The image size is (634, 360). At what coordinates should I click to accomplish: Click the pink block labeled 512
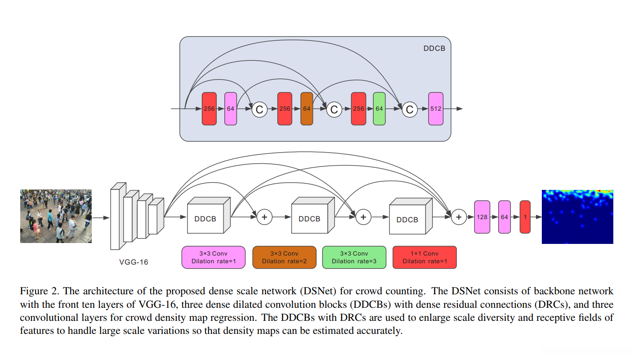click(x=436, y=109)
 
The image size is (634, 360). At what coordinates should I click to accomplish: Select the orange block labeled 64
click(x=307, y=109)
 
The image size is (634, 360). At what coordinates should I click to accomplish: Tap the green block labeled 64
click(x=379, y=109)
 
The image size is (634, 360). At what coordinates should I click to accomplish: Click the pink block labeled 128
click(x=482, y=217)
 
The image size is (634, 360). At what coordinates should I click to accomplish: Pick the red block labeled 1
click(x=525, y=217)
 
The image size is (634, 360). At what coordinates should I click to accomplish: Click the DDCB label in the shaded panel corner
click(x=434, y=48)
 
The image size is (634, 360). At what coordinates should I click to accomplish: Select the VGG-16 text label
click(x=134, y=261)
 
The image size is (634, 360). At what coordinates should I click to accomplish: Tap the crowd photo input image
click(x=56, y=216)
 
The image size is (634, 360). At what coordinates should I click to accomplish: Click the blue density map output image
click(x=577, y=217)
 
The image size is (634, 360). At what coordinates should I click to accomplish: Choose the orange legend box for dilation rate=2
click(x=284, y=257)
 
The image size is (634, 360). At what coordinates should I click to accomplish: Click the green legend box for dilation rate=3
click(x=354, y=257)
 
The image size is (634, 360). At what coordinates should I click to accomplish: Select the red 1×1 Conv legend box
click(x=424, y=257)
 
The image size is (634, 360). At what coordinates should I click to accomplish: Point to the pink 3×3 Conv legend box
click(x=214, y=257)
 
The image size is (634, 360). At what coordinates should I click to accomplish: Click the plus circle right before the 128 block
click(x=459, y=217)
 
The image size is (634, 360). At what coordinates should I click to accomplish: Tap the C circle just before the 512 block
click(x=410, y=109)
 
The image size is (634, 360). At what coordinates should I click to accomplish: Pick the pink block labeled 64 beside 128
click(x=505, y=217)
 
